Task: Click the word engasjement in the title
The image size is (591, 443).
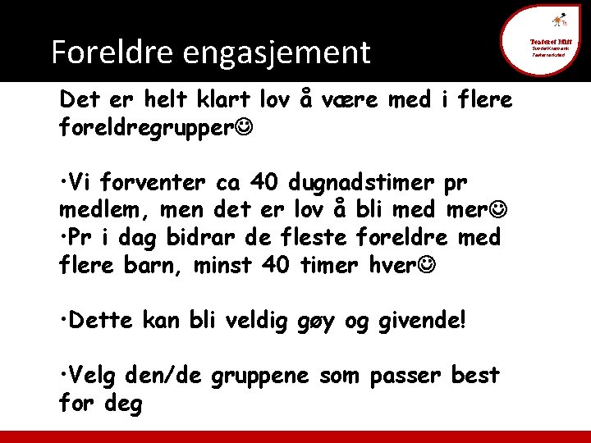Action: (277, 53)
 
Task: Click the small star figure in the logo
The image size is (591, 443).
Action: (558, 20)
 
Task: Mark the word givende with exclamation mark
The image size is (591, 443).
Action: (424, 320)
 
